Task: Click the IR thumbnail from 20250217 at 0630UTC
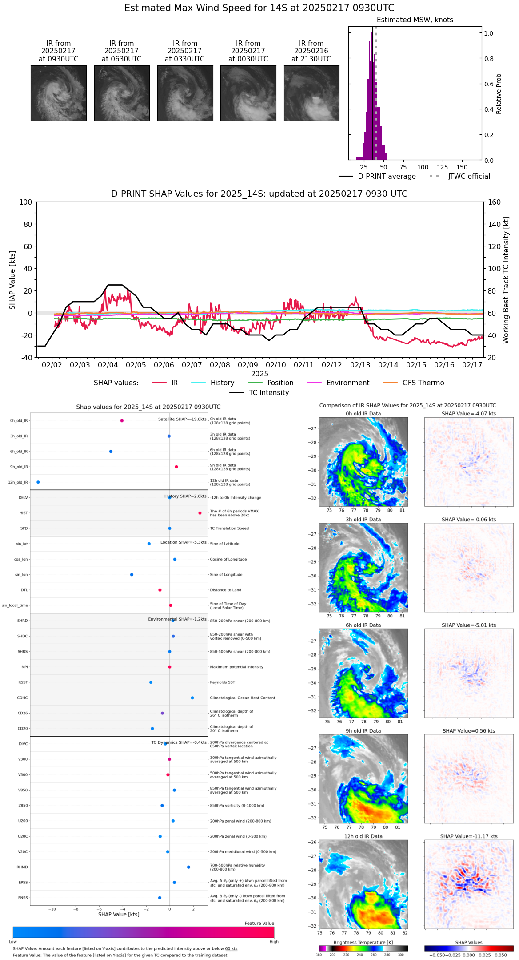(122, 93)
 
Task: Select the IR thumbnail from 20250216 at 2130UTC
(311, 93)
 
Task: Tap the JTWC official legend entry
(469, 177)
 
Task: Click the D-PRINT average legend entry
(387, 177)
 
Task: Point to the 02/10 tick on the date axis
(275, 365)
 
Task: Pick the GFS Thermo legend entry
(423, 383)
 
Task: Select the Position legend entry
(280, 383)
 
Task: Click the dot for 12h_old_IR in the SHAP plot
(38, 482)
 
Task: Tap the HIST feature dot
(200, 513)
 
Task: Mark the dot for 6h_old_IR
(111, 452)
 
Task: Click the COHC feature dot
(192, 698)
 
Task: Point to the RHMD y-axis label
(23, 867)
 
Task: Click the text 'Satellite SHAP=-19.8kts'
(182, 419)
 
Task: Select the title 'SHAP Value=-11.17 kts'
(469, 836)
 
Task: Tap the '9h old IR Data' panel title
(363, 731)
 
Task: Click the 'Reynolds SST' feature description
(223, 682)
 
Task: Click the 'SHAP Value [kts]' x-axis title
(119, 914)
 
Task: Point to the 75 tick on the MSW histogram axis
(403, 168)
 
